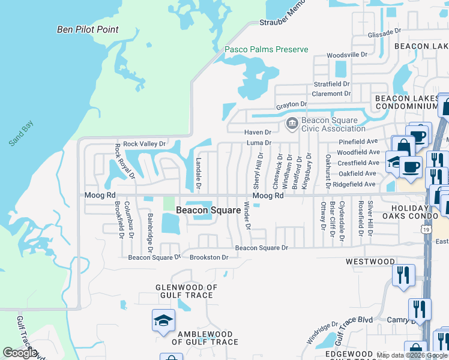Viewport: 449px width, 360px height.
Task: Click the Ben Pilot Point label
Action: [88, 29]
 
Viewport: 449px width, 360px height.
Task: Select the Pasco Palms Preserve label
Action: [266, 50]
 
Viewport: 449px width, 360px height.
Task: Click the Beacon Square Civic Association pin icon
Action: [292, 124]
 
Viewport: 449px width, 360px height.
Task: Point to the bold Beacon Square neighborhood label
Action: [200, 210]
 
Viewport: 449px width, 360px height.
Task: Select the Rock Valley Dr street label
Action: [144, 144]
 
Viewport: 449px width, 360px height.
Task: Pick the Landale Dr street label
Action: [199, 171]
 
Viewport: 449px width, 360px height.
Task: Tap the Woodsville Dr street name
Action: [346, 55]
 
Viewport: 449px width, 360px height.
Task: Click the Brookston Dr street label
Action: [209, 257]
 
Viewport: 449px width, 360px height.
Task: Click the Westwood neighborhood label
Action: [370, 262]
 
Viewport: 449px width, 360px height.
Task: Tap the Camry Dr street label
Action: [397, 320]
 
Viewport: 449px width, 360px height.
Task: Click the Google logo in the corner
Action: [20, 353]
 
